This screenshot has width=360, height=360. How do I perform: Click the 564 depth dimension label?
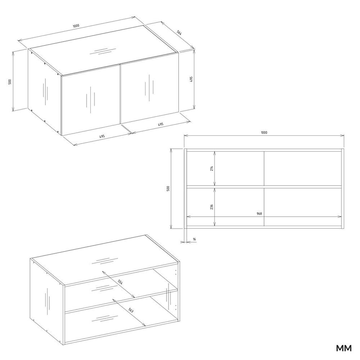[179, 33]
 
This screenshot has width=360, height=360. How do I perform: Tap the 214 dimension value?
[211, 168]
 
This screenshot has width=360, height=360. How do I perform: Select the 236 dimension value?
[211, 207]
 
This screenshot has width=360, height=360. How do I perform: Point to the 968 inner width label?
[259, 213]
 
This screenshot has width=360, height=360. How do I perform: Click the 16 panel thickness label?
[194, 239]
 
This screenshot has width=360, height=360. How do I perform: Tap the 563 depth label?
[130, 310]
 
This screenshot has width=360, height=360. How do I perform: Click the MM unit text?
[344, 348]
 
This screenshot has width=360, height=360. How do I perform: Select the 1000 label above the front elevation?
[264, 132]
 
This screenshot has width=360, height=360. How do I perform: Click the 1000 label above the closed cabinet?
[76, 25]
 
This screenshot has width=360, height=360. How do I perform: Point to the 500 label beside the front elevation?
[168, 189]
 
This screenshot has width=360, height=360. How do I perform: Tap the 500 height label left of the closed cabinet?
[10, 82]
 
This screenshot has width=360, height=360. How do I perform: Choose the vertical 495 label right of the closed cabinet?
[191, 79]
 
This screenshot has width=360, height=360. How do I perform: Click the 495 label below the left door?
[102, 136]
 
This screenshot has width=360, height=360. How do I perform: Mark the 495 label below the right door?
[160, 124]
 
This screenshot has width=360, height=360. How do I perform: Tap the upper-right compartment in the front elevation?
[303, 168]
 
